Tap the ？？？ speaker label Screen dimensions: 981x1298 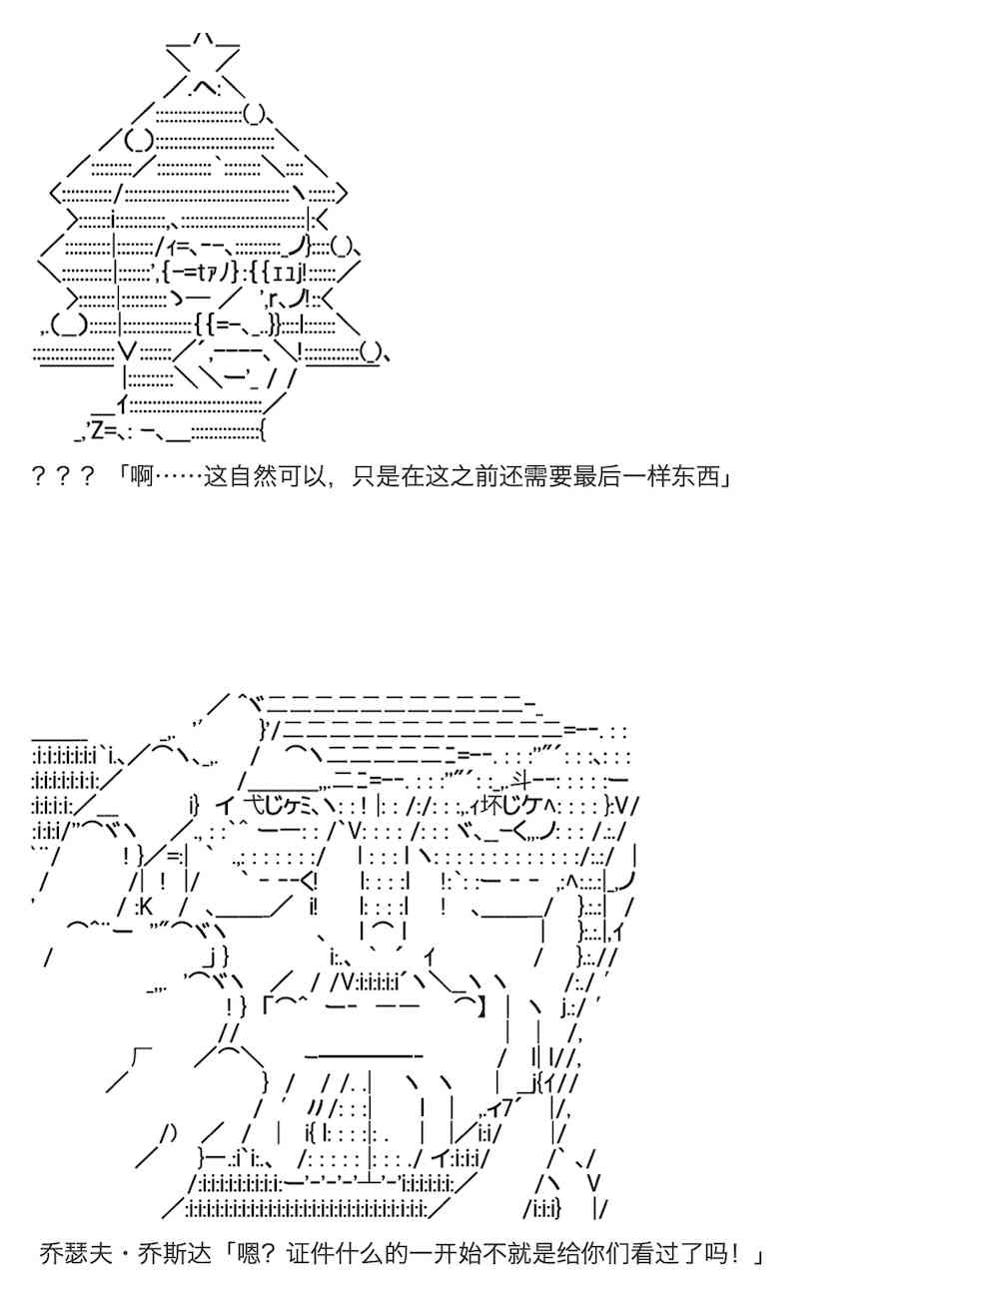click(62, 476)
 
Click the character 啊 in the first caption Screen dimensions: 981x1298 click(142, 476)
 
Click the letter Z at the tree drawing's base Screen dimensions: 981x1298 click(97, 431)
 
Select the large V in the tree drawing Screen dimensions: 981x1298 click(127, 352)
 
